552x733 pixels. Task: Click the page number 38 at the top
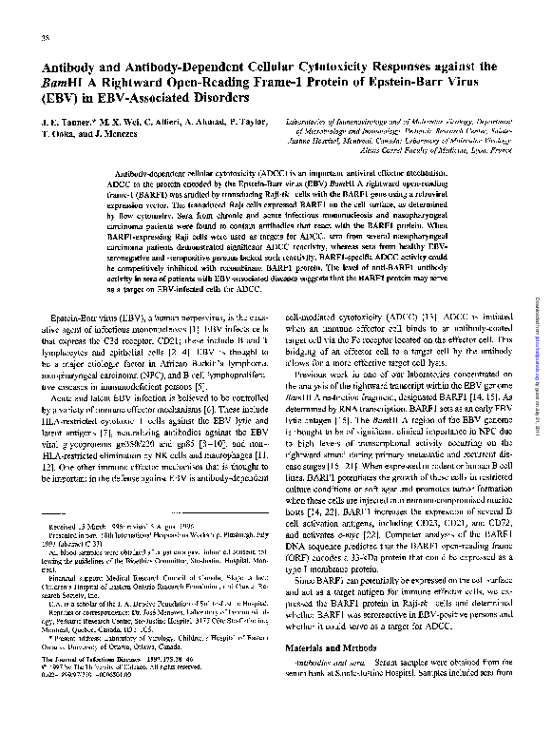46,37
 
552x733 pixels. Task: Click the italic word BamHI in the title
62,84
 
